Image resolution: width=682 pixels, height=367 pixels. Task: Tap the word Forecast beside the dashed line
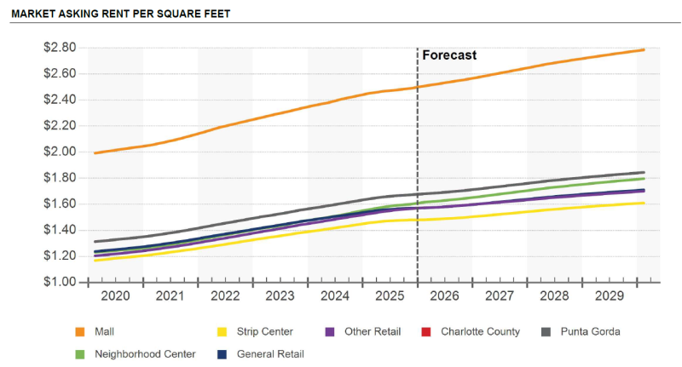point(449,55)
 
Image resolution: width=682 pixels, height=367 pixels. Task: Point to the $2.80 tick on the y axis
point(60,48)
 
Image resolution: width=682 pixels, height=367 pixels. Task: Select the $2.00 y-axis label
point(60,152)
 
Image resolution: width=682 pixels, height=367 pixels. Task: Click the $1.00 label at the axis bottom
point(60,282)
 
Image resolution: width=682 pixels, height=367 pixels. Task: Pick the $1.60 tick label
point(60,204)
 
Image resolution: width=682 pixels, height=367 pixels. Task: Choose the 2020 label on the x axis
point(116,295)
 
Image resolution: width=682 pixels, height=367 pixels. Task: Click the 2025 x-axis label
point(390,295)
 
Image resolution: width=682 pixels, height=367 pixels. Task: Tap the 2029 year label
point(609,295)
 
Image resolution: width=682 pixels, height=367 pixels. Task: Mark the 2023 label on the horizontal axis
point(280,295)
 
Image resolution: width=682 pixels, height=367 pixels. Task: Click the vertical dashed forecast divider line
point(417,170)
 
